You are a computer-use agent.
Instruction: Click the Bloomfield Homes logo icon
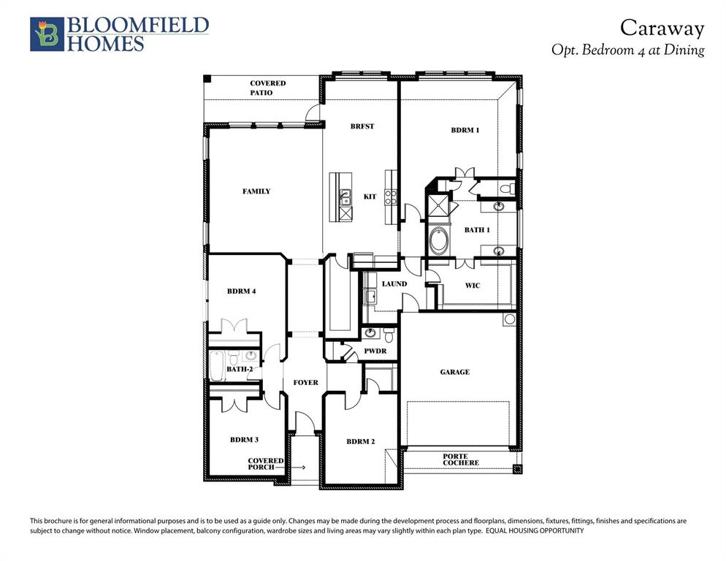coord(47,34)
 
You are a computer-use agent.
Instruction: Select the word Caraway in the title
coord(662,28)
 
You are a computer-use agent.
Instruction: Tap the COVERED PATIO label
coord(267,88)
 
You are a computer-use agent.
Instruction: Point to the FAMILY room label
coord(256,191)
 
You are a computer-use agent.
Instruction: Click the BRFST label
coord(362,126)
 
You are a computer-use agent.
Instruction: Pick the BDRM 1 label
coord(465,131)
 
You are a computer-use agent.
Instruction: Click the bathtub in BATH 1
coord(440,241)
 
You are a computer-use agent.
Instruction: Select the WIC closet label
coord(473,286)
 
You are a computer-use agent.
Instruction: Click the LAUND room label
coord(394,284)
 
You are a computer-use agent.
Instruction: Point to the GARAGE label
coord(454,373)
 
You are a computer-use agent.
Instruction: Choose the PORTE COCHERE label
coord(461,459)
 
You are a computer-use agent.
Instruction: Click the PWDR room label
coord(375,351)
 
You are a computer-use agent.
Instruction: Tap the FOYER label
coord(305,383)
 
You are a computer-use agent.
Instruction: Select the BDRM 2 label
coord(360,441)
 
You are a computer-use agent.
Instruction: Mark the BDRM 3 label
coord(244,440)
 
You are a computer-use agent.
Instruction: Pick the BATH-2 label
coord(240,370)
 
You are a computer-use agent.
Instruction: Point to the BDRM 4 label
coord(241,291)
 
